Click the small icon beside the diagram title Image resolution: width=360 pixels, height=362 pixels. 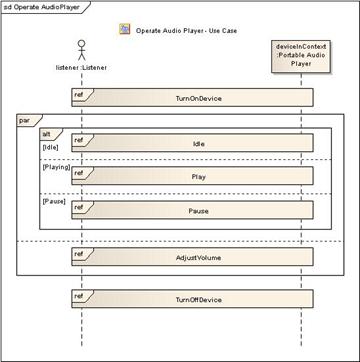[124, 30]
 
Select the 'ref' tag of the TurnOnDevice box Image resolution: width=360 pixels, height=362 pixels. [79, 93]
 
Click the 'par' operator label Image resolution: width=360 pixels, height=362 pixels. [25, 120]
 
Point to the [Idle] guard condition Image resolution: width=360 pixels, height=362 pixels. [50, 145]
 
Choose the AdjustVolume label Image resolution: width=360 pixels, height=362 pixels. [195, 257]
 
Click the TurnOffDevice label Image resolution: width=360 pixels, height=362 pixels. [195, 300]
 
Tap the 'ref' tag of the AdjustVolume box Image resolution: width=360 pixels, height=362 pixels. [79, 253]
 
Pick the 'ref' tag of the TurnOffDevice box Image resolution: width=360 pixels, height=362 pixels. [79, 293]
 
